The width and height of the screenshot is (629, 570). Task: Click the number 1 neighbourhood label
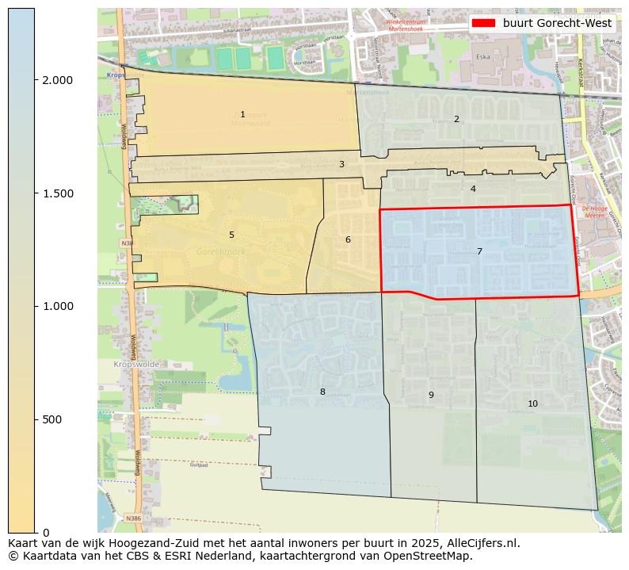coord(242,115)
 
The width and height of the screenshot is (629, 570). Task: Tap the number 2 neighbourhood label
coord(456,120)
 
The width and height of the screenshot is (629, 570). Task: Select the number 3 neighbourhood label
coord(341,165)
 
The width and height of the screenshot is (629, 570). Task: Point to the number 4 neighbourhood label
coord(473,189)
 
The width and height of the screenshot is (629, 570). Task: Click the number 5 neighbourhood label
coord(231,235)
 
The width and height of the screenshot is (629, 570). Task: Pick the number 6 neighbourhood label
coord(348,240)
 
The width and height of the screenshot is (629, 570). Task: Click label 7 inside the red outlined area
coord(479,252)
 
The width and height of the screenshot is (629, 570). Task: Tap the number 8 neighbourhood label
coord(322,392)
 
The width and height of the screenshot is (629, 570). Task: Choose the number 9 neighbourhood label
coord(431,396)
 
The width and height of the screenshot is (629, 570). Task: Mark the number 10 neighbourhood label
coord(532,404)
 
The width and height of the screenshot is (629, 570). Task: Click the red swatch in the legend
coord(483,23)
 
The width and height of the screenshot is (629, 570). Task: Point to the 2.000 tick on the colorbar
coord(56,80)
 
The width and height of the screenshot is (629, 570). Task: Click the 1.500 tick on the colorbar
coord(56,193)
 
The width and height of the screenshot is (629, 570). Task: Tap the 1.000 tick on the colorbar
coord(56,306)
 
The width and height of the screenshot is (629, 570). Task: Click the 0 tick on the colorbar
coord(46,533)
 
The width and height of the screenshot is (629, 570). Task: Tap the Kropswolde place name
coord(136,365)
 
